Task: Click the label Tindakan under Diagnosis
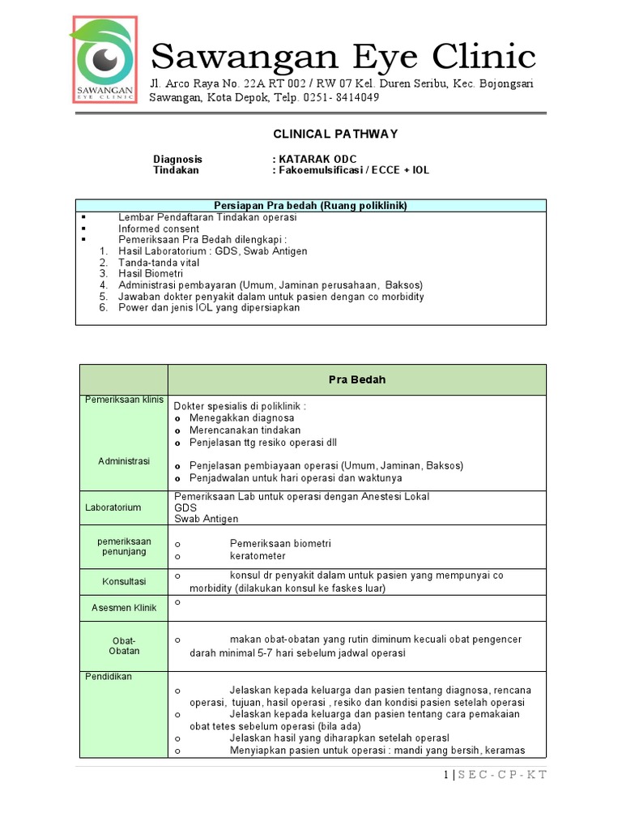pyautogui.click(x=176, y=170)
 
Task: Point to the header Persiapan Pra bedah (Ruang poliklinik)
pyautogui.click(x=310, y=206)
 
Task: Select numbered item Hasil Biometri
pyautogui.click(x=151, y=274)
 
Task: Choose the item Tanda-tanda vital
pyautogui.click(x=159, y=263)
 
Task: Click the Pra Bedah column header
pyautogui.click(x=356, y=379)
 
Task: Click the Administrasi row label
pyautogui.click(x=124, y=460)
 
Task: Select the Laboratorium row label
pyautogui.click(x=113, y=507)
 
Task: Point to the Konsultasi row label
pyautogui.click(x=124, y=581)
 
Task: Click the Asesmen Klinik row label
pyautogui.click(x=124, y=607)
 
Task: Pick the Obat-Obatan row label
pyautogui.click(x=124, y=645)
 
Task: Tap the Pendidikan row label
pyautogui.click(x=109, y=676)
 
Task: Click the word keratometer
pyautogui.click(x=258, y=556)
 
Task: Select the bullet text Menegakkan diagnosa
pyautogui.click(x=242, y=417)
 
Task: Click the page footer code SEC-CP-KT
pyautogui.click(x=502, y=775)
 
